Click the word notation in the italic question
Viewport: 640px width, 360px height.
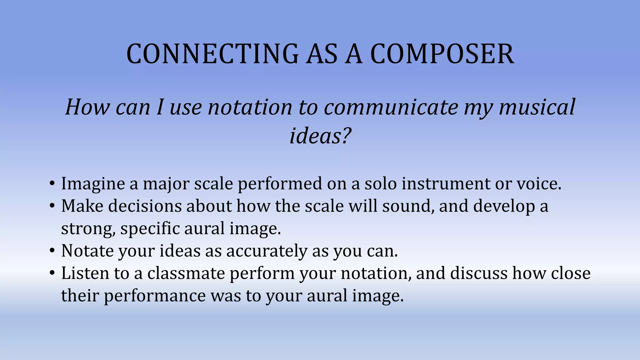tap(250, 107)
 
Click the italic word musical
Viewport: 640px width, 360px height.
tap(537, 107)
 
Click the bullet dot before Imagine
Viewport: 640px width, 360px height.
tap(52, 184)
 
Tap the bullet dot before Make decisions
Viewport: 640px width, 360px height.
tap(52, 206)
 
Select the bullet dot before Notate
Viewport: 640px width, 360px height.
tap(52, 251)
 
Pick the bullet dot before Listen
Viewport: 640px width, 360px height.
tap(52, 273)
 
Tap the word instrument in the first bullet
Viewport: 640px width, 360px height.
tap(446, 184)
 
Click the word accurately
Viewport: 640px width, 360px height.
tap(267, 251)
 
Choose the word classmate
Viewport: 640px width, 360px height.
tap(186, 273)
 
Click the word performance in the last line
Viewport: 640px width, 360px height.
tap(155, 296)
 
